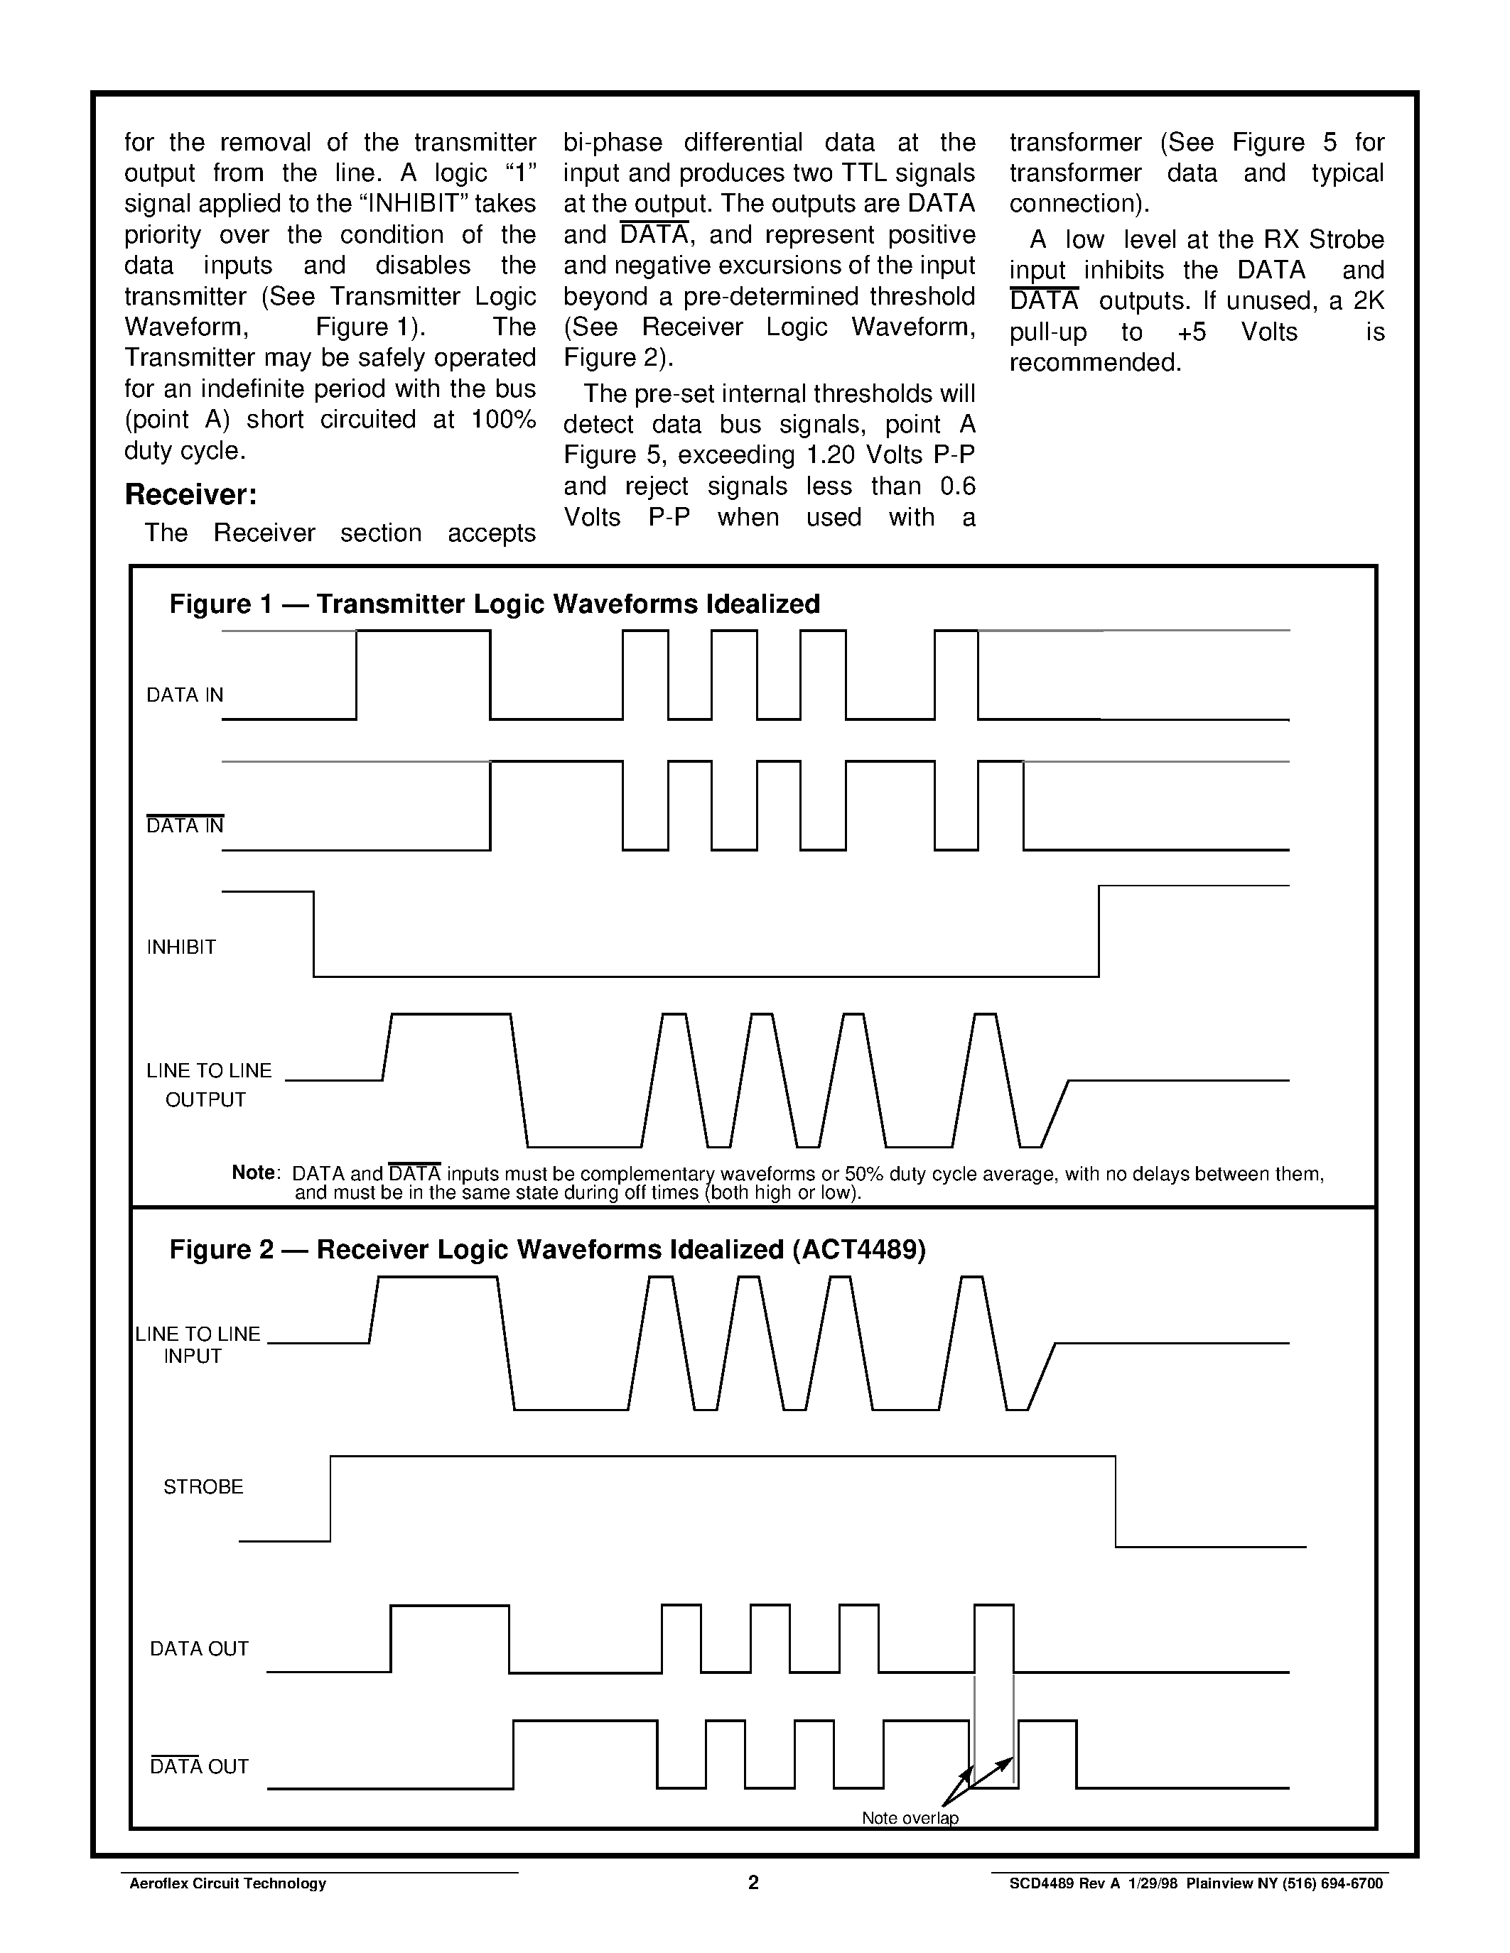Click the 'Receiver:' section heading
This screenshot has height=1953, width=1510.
coord(190,494)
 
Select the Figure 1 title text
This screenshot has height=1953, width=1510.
coord(494,604)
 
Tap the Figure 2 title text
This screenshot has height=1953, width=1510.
coord(546,1249)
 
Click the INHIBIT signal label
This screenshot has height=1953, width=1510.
coord(182,947)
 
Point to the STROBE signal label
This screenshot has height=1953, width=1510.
coord(203,1486)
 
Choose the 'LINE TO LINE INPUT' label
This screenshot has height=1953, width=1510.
coord(197,1345)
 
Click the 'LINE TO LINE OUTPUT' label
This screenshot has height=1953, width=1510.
coord(208,1084)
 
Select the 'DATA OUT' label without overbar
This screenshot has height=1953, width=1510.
coord(198,1648)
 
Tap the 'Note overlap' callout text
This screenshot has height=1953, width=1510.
coord(910,1818)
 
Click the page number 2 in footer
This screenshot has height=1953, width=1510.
coord(753,1883)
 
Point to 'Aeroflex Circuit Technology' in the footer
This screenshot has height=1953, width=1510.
coord(227,1884)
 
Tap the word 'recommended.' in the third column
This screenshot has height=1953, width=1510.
coord(1095,362)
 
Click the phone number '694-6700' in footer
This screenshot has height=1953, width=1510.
coord(1352,1884)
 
